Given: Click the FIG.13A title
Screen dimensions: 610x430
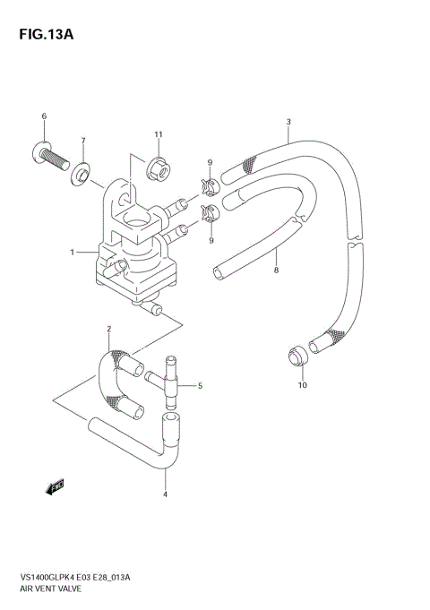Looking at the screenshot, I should [x=41, y=35].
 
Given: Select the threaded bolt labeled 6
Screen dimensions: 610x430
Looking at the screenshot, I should [x=54, y=159].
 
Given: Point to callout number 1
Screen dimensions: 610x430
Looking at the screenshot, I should [x=72, y=253].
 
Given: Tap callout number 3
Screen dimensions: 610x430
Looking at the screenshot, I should [x=288, y=122].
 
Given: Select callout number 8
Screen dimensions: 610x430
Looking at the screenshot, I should [x=276, y=269].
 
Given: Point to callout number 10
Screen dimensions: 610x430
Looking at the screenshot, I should [x=302, y=385].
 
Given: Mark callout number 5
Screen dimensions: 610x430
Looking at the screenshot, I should [x=200, y=386].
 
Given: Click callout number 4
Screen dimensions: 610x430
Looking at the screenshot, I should [x=165, y=494].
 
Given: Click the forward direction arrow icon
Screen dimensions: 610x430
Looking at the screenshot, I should [x=54, y=486].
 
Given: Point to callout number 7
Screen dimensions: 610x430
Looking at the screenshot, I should [x=83, y=142].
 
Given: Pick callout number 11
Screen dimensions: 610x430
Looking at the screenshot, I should [x=158, y=134].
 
